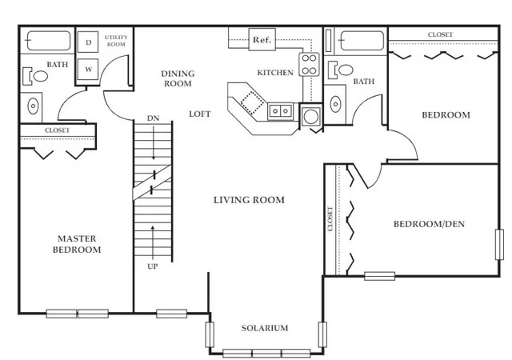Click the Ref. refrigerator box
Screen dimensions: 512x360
[262, 39]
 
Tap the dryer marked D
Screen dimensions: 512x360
[88, 42]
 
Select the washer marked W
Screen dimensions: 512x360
[88, 70]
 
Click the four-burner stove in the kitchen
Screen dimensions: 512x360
[309, 64]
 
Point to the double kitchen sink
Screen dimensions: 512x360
[280, 111]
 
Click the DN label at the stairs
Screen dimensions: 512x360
[153, 118]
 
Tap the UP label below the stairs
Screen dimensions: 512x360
[153, 266]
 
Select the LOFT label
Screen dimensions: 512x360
[200, 114]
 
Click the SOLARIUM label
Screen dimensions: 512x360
[265, 328]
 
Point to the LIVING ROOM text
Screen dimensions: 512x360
[249, 200]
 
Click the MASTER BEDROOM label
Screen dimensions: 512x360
[77, 244]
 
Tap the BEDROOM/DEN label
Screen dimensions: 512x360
[429, 224]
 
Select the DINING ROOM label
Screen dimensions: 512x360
[178, 78]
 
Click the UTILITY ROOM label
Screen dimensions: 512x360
[116, 41]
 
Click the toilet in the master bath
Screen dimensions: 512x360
[35, 76]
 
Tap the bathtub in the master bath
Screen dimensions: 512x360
[49, 41]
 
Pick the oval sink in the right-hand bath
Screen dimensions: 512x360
[335, 104]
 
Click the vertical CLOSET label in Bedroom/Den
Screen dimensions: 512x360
[330, 219]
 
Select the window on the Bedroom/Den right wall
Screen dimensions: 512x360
[499, 245]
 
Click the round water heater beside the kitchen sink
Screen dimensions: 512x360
[310, 116]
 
